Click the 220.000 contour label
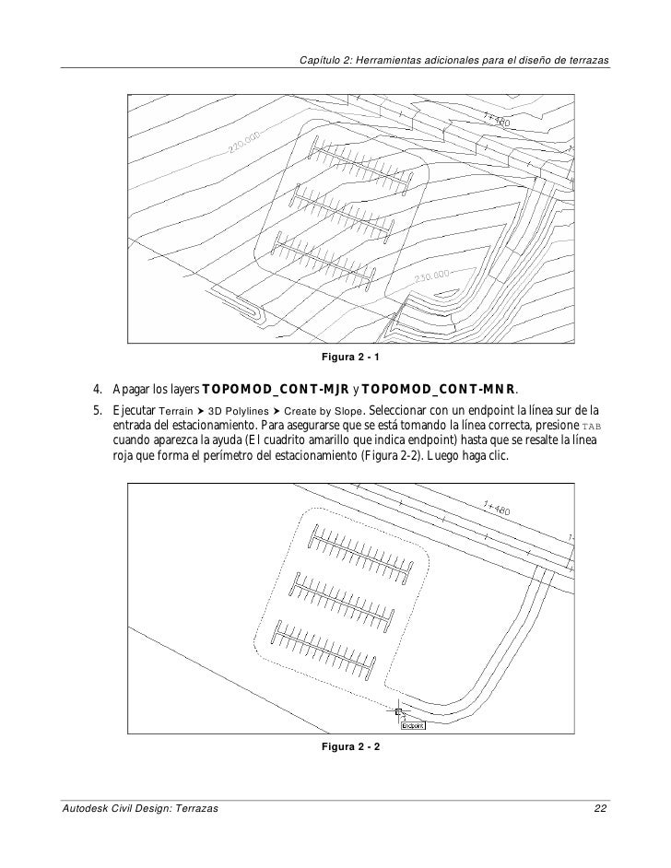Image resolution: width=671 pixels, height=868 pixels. pos(246,141)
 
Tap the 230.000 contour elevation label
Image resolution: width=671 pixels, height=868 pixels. pos(432,277)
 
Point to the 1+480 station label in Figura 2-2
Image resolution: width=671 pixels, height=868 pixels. pos(499,510)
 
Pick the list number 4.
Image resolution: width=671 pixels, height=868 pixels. pos(94,388)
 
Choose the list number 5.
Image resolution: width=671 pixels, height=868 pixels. pos(94,409)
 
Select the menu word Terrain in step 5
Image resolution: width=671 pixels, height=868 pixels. pos(179,410)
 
